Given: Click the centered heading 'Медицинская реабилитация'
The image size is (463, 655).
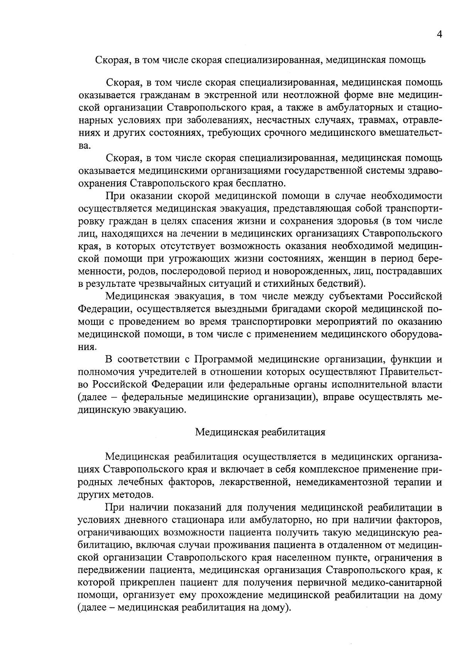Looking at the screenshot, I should pos(260,432).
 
